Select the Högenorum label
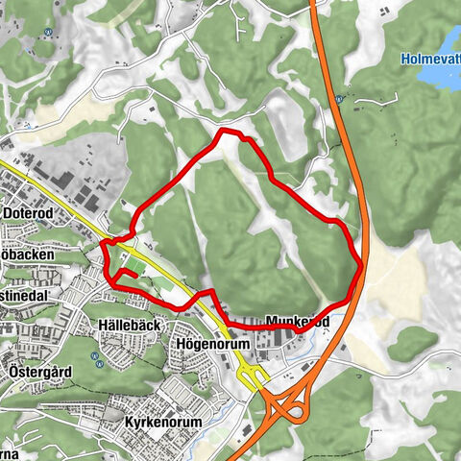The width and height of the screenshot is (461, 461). tap(213, 344)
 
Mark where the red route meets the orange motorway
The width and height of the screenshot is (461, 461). tap(359, 268)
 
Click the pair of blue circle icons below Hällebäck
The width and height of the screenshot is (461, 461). tap(96, 358)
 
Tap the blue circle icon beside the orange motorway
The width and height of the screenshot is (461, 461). tap(340, 98)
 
